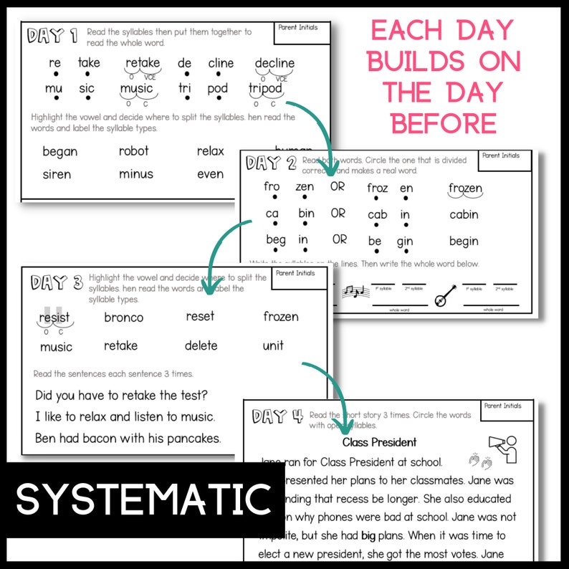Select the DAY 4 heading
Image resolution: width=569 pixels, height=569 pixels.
(278, 416)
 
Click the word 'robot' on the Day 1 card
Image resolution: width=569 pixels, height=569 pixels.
(134, 151)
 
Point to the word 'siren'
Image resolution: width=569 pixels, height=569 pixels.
(57, 174)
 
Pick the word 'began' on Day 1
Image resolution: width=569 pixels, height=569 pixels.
(60, 151)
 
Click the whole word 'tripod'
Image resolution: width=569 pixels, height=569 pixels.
(265, 89)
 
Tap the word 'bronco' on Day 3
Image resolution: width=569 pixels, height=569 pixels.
(123, 317)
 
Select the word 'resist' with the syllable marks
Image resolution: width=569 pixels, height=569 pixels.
(54, 317)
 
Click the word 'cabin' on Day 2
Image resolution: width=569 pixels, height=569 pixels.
(464, 215)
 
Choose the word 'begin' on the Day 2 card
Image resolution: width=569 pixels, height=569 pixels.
(464, 241)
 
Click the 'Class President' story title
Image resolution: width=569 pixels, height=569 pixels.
(379, 442)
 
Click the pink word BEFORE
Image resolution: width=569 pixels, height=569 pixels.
(443, 123)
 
